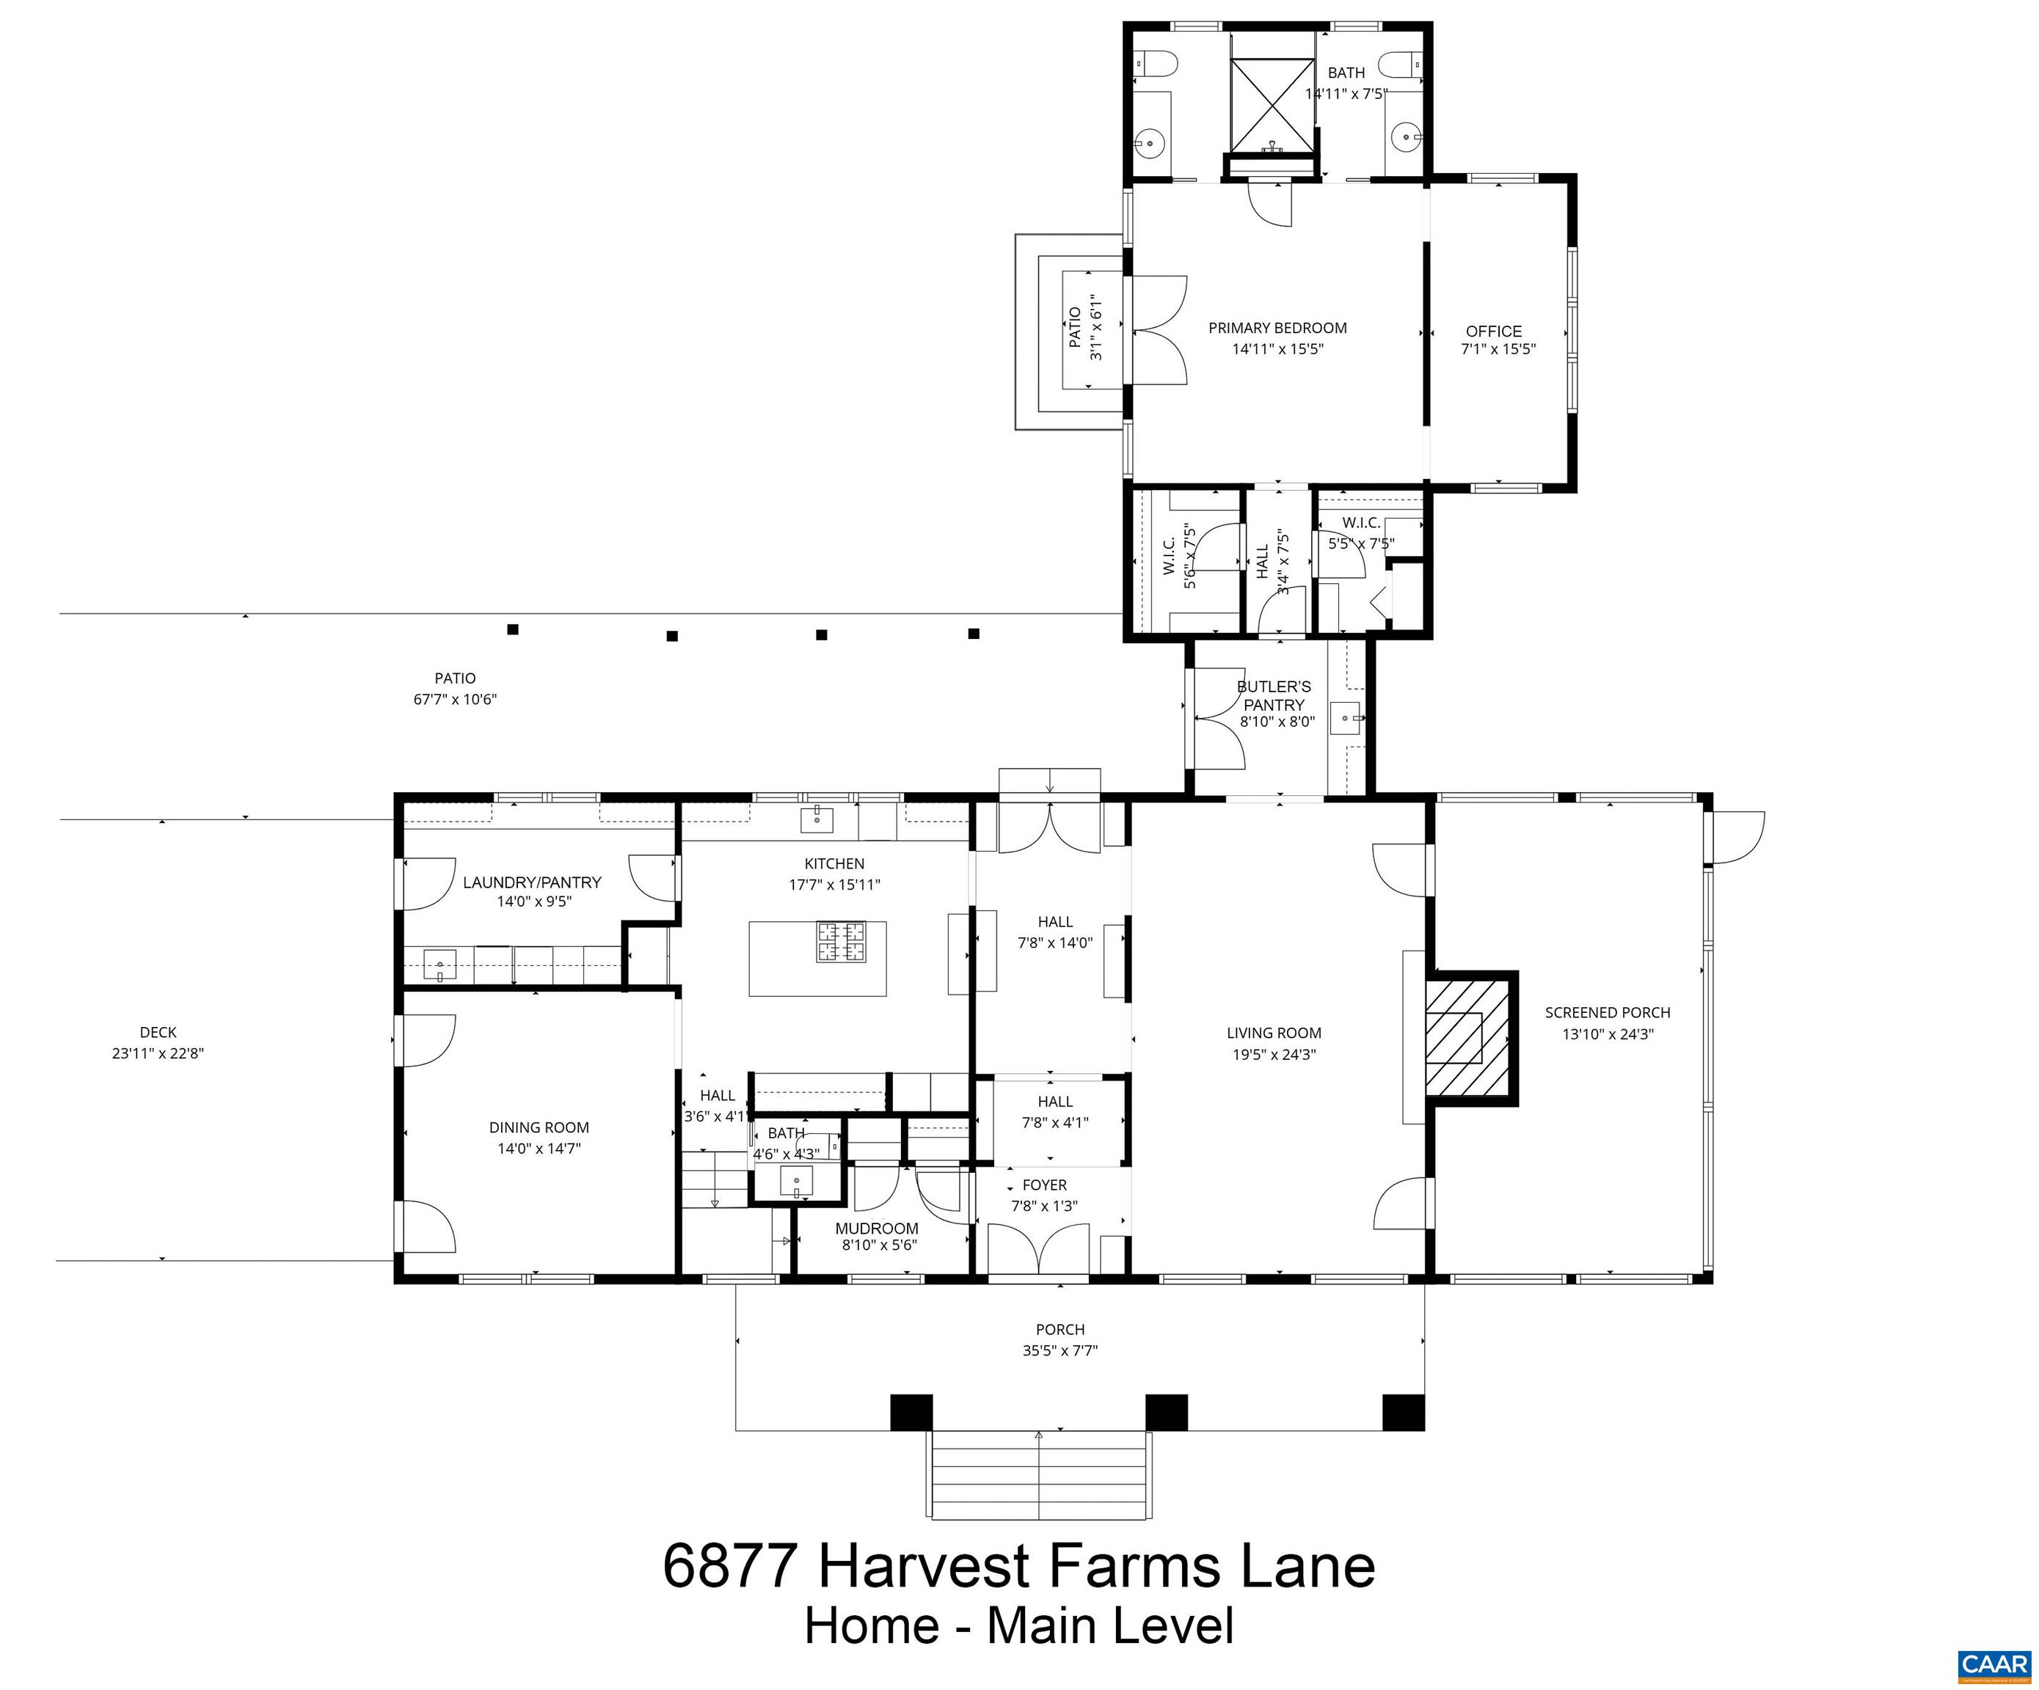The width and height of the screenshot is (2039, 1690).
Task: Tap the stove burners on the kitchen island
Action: click(841, 942)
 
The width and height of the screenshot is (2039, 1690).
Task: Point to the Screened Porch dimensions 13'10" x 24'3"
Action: click(1607, 1034)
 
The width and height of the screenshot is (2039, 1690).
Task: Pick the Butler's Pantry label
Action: click(1274, 695)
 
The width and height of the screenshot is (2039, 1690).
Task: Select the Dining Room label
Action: click(539, 1127)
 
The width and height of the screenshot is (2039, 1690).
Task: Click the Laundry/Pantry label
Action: click(532, 882)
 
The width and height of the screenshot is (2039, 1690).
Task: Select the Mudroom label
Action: click(877, 1228)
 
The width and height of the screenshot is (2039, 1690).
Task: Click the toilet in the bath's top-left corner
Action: click(1156, 63)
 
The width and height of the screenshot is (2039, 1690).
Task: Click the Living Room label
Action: click(1273, 1033)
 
